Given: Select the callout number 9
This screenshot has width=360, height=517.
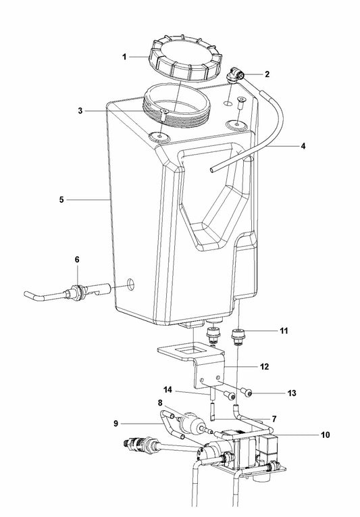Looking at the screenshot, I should [x=116, y=423].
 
